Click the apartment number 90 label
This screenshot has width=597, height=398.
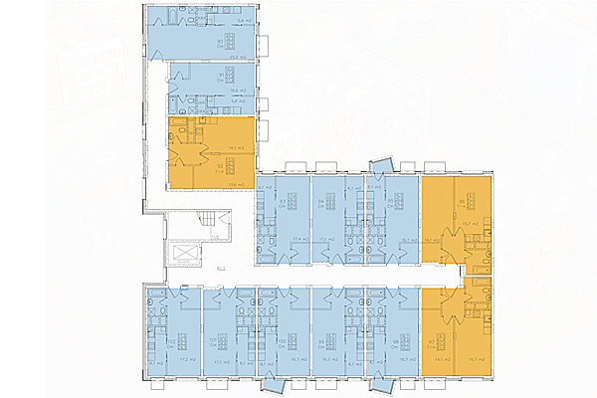220,41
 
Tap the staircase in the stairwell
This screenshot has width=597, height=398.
208,220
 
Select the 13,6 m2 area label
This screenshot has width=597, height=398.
235,183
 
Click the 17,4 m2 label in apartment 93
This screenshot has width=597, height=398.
297,239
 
